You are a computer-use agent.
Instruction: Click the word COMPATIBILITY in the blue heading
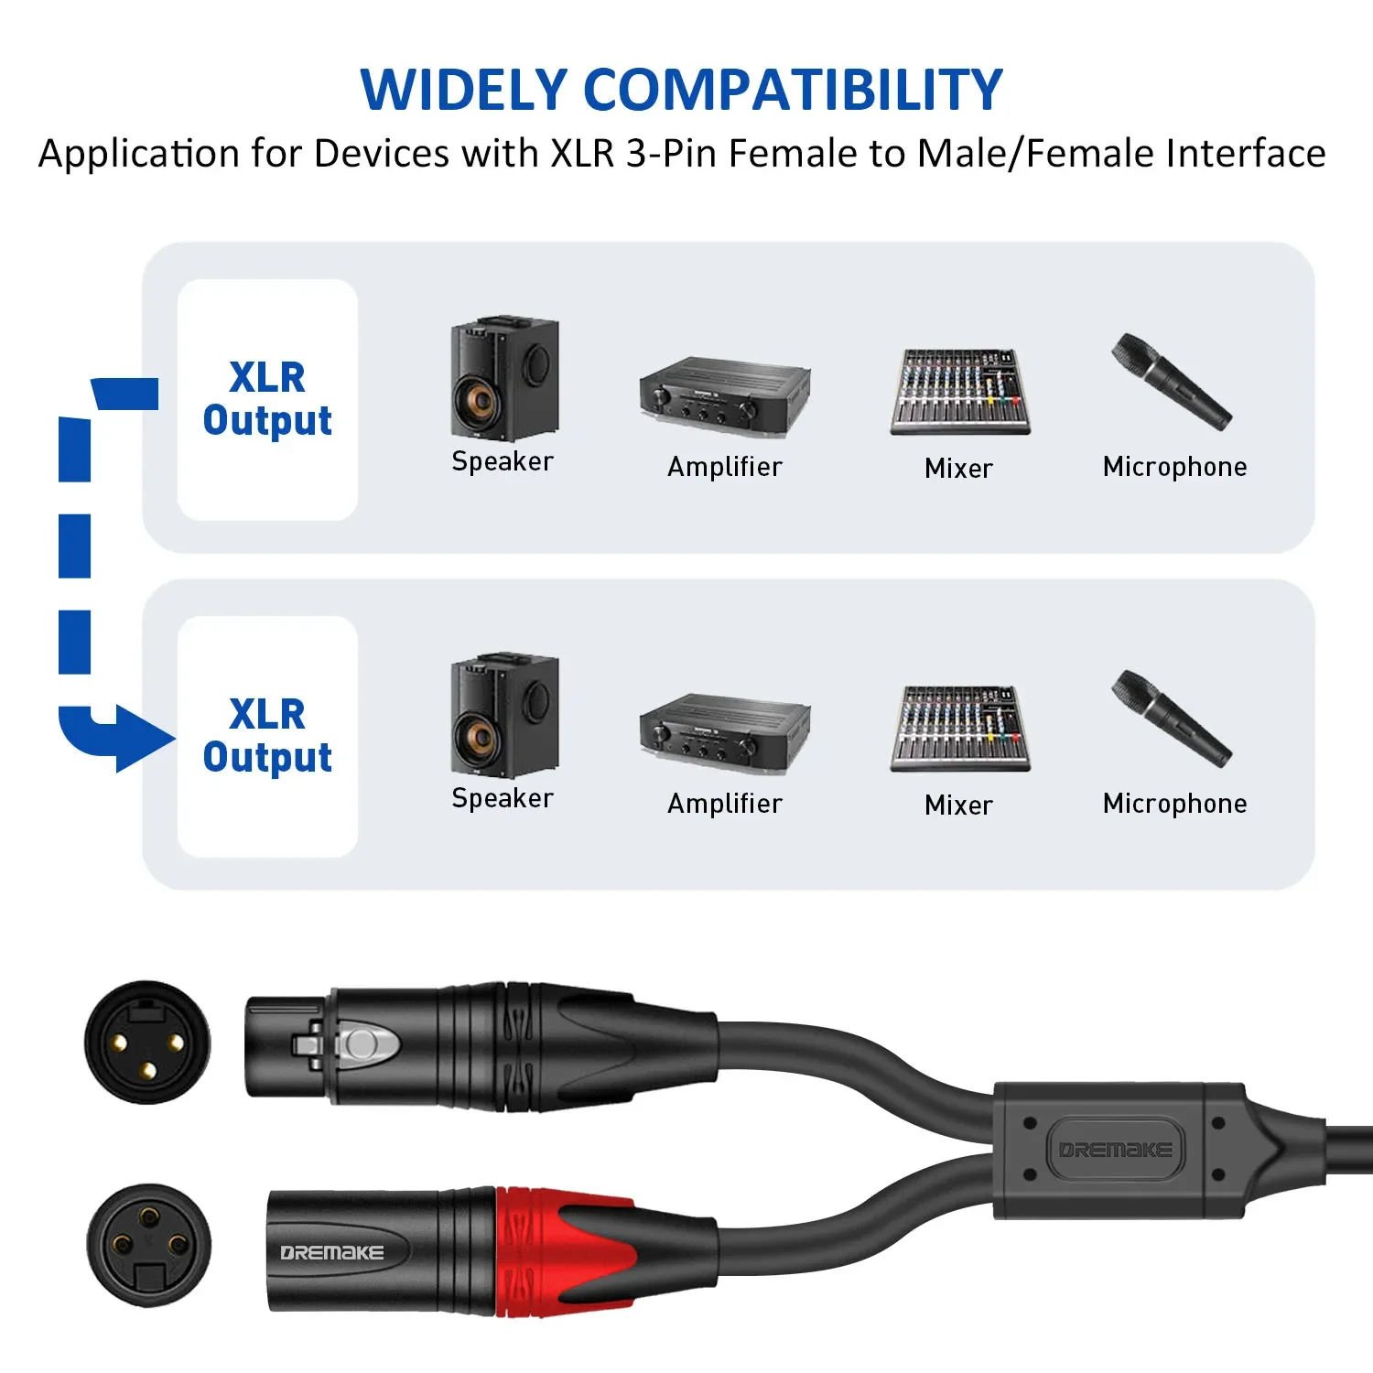click(793, 90)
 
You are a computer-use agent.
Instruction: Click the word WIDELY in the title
click(464, 90)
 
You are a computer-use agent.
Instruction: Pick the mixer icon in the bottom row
click(959, 729)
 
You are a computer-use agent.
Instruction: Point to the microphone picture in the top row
click(1172, 382)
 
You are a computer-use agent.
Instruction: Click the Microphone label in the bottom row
click(1174, 804)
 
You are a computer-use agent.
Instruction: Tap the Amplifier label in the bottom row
click(725, 804)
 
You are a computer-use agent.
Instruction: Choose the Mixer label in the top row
click(958, 469)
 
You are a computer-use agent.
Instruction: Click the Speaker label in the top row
click(503, 461)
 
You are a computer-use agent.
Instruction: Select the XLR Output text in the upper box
click(267, 399)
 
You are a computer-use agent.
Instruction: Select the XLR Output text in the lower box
click(267, 736)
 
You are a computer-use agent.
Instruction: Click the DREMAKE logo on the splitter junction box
click(1115, 1150)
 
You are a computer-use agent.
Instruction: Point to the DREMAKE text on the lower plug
click(331, 1252)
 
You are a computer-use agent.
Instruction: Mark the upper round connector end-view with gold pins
click(147, 1043)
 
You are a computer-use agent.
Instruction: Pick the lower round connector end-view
click(149, 1245)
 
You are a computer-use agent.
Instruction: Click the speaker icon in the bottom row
click(503, 715)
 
